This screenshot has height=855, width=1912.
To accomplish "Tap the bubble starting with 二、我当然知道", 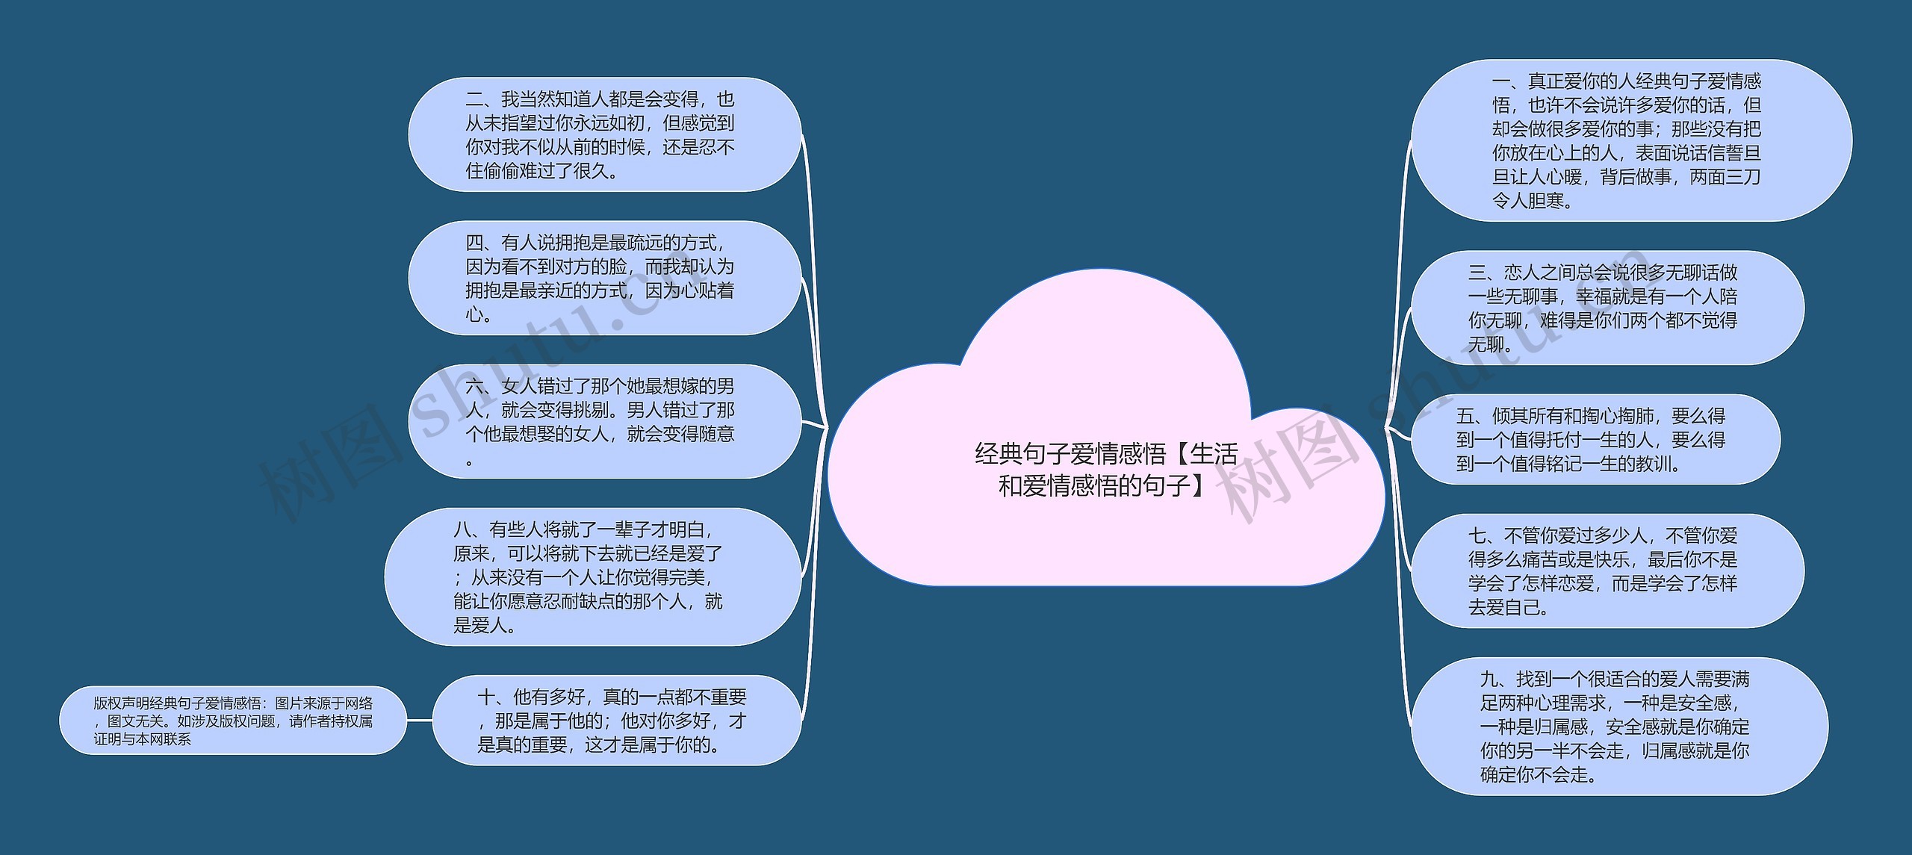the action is [x=603, y=134].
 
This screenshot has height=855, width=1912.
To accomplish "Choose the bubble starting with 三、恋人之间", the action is [x=1606, y=308].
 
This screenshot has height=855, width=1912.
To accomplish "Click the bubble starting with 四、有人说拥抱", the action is [x=603, y=278].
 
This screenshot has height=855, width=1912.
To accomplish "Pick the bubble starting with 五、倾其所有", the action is [x=1595, y=439].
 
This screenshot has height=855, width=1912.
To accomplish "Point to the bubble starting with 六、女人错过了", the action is [x=603, y=421].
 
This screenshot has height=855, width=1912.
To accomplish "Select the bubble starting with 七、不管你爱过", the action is [x=1606, y=570].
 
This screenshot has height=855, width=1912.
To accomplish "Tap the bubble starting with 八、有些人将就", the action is [x=592, y=576].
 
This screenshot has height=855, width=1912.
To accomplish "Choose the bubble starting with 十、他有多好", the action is [x=615, y=720].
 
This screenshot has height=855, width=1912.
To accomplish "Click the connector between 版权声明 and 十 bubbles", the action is [x=420, y=721].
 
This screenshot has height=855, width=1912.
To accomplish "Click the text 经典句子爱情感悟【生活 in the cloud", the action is [x=1105, y=453].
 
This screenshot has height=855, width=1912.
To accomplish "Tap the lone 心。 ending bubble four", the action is [x=479, y=314].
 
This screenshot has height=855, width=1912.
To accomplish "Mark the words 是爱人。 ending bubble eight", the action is [x=485, y=625].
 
